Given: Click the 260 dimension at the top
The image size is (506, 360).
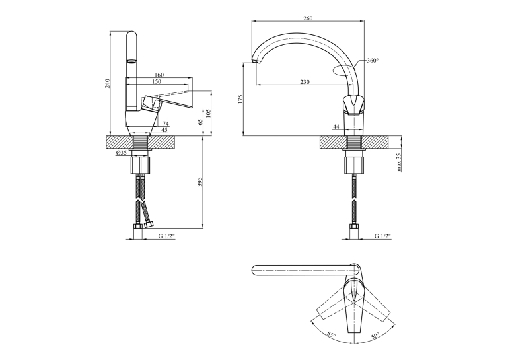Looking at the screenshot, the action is coord(308,18).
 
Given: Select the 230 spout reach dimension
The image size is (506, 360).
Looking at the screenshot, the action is coord(305,82).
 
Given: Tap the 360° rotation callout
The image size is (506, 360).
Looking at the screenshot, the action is coord(373,60).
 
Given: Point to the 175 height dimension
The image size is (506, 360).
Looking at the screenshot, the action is coord(239,99).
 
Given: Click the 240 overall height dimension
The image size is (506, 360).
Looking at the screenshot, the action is coord(108,83).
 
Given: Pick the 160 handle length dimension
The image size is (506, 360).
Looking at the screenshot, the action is coord(159,75).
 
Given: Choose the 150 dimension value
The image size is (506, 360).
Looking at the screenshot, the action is coord(156,82).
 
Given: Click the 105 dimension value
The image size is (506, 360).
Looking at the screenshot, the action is coord(208,113).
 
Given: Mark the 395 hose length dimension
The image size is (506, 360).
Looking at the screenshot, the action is coord(199,182).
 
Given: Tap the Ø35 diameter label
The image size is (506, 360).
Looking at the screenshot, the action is coord(122,153).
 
